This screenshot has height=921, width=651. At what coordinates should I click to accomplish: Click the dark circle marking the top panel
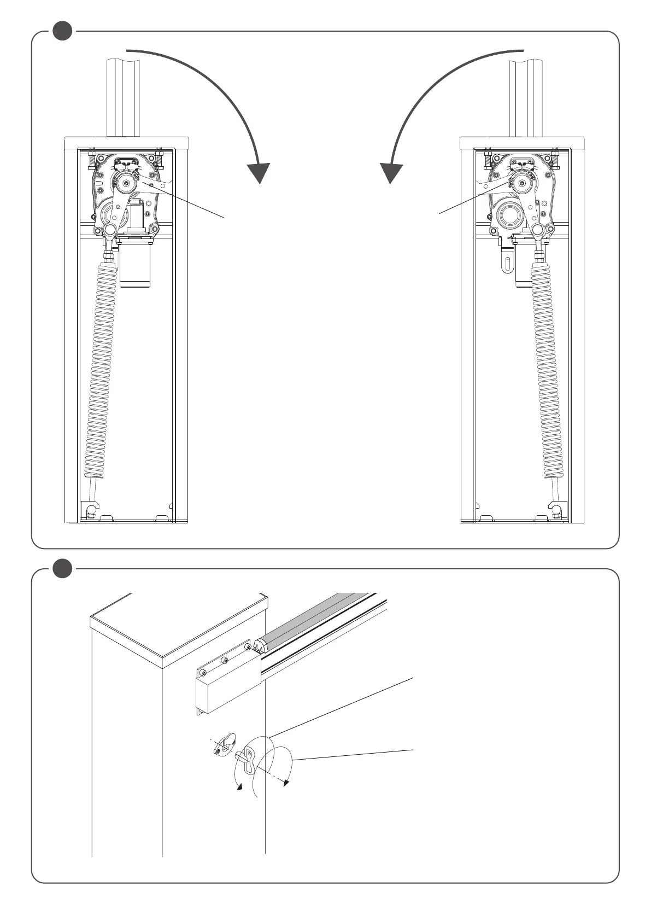tap(63, 31)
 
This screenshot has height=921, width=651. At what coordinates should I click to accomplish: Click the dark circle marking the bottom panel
tap(63, 569)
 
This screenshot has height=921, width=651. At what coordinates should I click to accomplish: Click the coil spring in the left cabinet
tap(101, 372)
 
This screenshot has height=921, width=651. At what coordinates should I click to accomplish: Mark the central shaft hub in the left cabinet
tap(125, 183)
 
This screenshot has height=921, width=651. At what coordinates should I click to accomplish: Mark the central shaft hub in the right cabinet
tap(524, 183)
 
